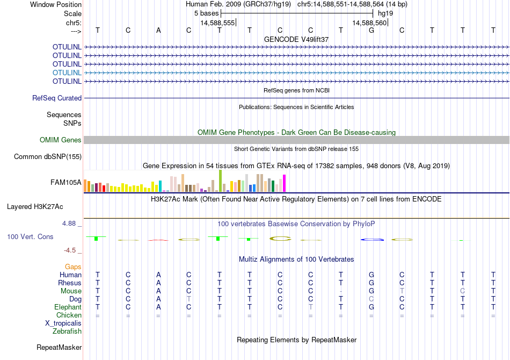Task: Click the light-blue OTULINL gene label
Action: pyautogui.click(x=67, y=73)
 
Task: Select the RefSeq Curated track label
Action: pyautogui.click(x=57, y=98)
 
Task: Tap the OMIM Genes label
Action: pyautogui.click(x=61, y=140)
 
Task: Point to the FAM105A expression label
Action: pyautogui.click(x=66, y=183)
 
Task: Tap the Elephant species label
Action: pyautogui.click(x=68, y=307)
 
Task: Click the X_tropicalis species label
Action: pyautogui.click(x=63, y=323)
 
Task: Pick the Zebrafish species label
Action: pyautogui.click(x=67, y=332)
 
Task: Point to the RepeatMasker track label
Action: pyautogui.click(x=59, y=348)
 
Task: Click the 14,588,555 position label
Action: pyautogui.click(x=217, y=23)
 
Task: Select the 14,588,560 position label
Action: pyautogui.click(x=369, y=23)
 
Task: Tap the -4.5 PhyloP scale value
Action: pyautogui.click(x=72, y=250)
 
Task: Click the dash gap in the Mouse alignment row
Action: pyautogui.click(x=341, y=291)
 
